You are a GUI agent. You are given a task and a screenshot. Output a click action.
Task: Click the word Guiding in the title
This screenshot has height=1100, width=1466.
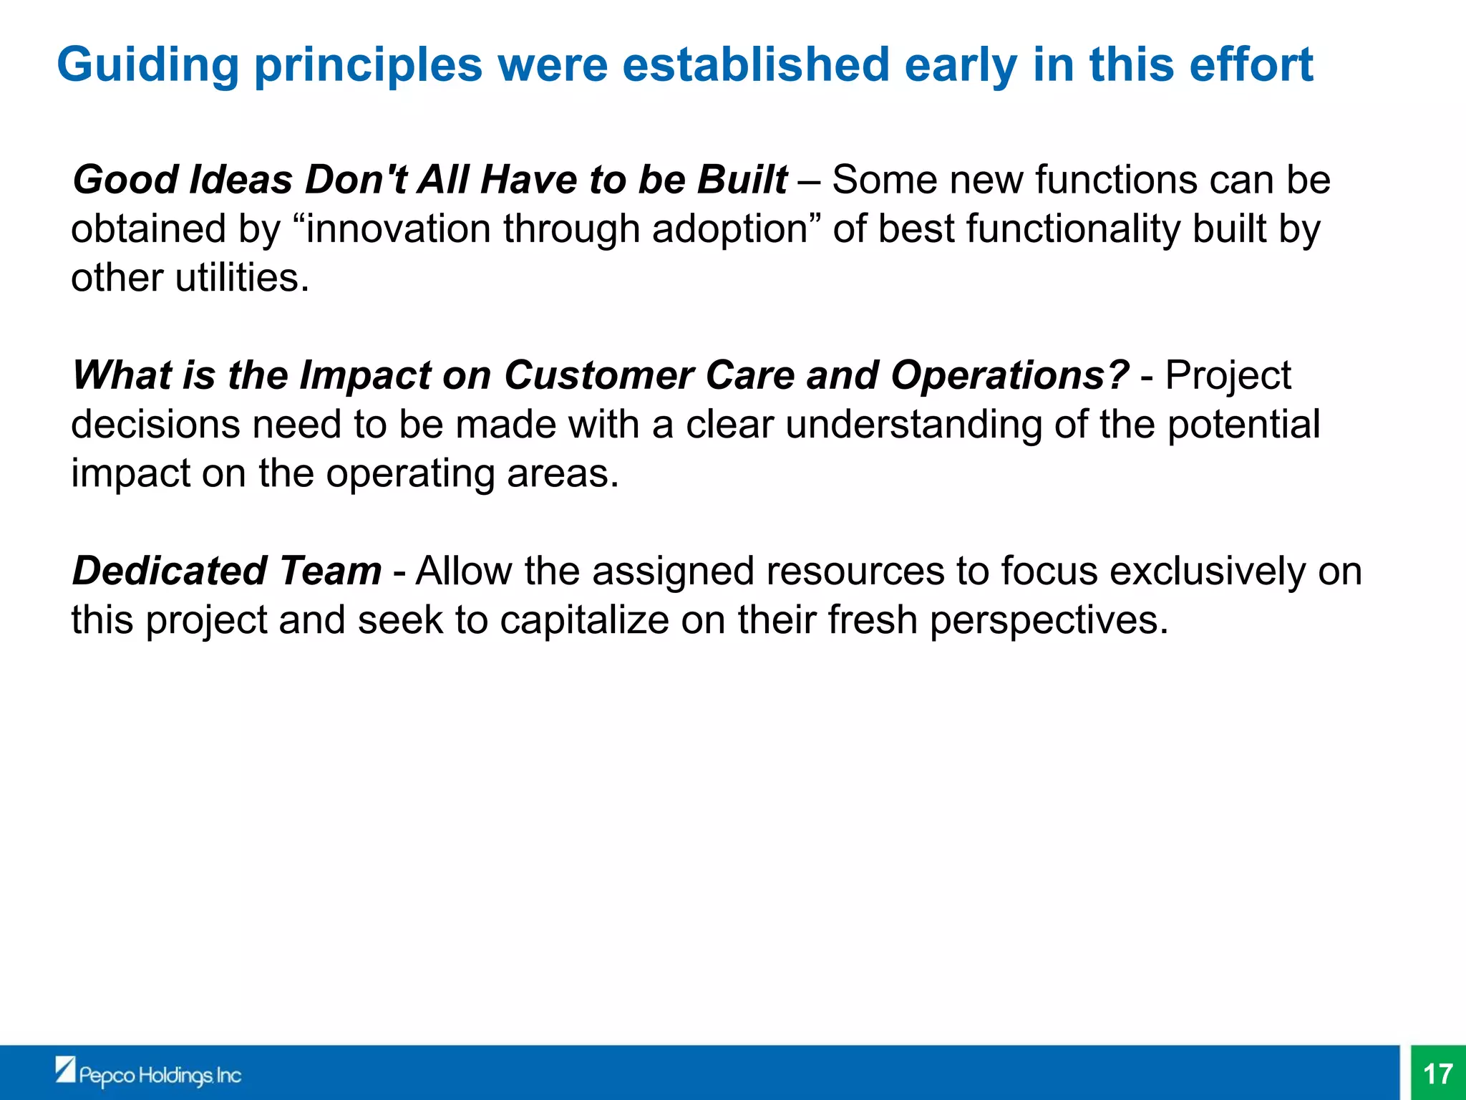[147, 66]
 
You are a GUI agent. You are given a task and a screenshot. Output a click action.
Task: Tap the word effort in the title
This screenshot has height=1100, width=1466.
[1251, 64]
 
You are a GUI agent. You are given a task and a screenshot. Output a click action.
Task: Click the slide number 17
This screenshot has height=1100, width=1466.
[1437, 1074]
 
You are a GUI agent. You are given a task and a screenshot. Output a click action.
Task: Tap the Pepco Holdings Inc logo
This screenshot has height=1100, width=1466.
[149, 1074]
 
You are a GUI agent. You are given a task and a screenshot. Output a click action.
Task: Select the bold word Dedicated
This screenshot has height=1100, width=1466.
[170, 571]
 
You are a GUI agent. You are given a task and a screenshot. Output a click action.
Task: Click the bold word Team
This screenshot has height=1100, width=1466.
[330, 571]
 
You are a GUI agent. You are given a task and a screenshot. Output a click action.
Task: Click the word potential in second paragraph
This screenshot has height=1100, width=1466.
[1243, 424]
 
